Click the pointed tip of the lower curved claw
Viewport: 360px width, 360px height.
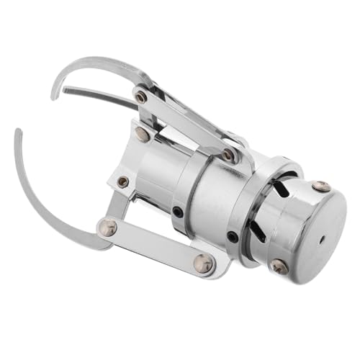coord(17,130)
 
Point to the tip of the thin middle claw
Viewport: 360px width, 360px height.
coord(64,91)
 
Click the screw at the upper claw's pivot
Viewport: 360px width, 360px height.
coord(141,96)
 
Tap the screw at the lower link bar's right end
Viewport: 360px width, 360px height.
coord(204,264)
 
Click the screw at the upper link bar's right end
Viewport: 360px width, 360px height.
coord(228,155)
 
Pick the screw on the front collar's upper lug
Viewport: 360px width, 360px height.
coord(143,134)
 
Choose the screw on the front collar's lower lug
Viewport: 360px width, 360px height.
coord(123,182)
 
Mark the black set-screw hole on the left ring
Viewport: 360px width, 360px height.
coord(177,212)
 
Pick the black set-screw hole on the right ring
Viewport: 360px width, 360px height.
coord(231,235)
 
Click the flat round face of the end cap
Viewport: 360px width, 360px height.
coord(310,230)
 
